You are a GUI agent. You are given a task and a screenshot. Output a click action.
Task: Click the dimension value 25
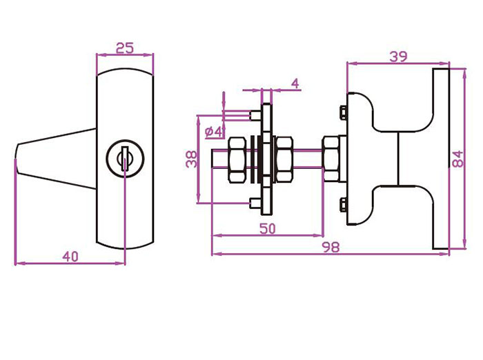[x=125, y=48]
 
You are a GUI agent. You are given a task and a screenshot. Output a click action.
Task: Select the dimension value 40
[x=70, y=257]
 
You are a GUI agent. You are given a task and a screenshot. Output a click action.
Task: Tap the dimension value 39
[x=398, y=57]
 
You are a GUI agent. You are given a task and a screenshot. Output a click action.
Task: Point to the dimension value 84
[x=457, y=159]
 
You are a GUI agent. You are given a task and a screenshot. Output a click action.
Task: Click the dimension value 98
[x=331, y=247]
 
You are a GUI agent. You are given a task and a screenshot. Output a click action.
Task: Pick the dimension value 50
[x=268, y=228]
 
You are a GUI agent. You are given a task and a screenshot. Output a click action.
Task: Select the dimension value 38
[x=191, y=159]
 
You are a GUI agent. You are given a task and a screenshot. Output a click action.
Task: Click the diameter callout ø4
[x=213, y=132]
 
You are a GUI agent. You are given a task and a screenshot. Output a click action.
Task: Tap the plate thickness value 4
[x=295, y=83]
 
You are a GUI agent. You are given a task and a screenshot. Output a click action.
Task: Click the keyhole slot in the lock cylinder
[x=125, y=159]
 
